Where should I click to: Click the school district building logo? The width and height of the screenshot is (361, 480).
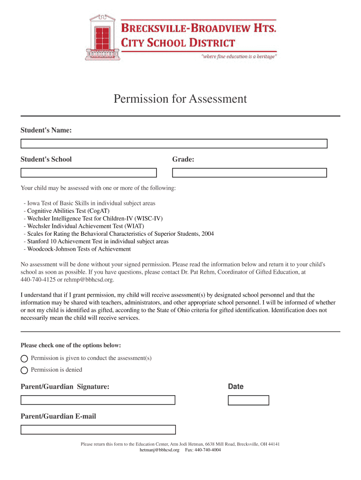click(103, 37)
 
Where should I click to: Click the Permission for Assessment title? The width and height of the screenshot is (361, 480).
click(180, 99)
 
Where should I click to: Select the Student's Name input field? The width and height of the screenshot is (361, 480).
click(173, 143)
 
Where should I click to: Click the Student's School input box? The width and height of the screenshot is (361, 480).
click(92, 172)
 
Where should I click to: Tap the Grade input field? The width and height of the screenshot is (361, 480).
click(249, 172)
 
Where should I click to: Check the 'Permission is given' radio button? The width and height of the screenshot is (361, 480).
click(24, 359)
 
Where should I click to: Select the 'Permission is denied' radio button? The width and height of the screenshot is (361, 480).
click(24, 370)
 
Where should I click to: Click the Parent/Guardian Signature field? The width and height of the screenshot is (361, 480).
click(98, 400)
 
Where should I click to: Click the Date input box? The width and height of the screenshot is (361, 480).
click(248, 400)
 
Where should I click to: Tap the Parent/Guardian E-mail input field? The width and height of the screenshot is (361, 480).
click(98, 429)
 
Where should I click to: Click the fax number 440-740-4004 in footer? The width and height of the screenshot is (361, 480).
click(208, 450)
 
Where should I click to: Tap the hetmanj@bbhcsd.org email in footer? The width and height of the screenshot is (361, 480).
click(159, 450)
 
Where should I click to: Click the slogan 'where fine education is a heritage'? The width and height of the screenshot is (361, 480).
click(239, 56)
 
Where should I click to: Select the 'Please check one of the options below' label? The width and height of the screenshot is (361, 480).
click(71, 345)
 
